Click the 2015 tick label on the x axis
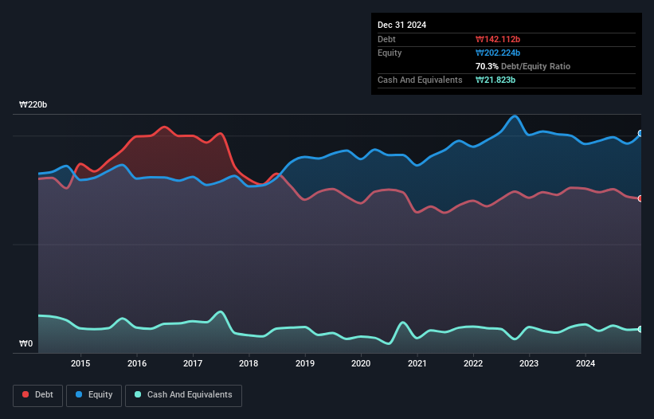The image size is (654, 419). (x=80, y=364)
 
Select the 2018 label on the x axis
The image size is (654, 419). (x=249, y=364)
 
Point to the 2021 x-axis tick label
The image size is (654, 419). (x=417, y=364)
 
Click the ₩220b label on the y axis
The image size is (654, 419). (x=33, y=105)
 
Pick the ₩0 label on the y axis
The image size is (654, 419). (x=26, y=344)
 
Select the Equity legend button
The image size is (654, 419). (x=94, y=394)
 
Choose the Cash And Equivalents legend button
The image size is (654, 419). (x=183, y=394)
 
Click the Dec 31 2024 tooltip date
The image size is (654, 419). (x=401, y=25)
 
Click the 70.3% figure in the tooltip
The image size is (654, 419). (x=487, y=66)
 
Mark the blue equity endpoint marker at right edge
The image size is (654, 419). (x=640, y=134)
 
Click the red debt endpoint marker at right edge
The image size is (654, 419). (x=640, y=198)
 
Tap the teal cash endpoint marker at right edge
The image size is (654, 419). (x=640, y=329)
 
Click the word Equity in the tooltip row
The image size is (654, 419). (x=390, y=53)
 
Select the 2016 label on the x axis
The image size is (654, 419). (x=137, y=364)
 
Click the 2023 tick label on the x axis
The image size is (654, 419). (x=529, y=364)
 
